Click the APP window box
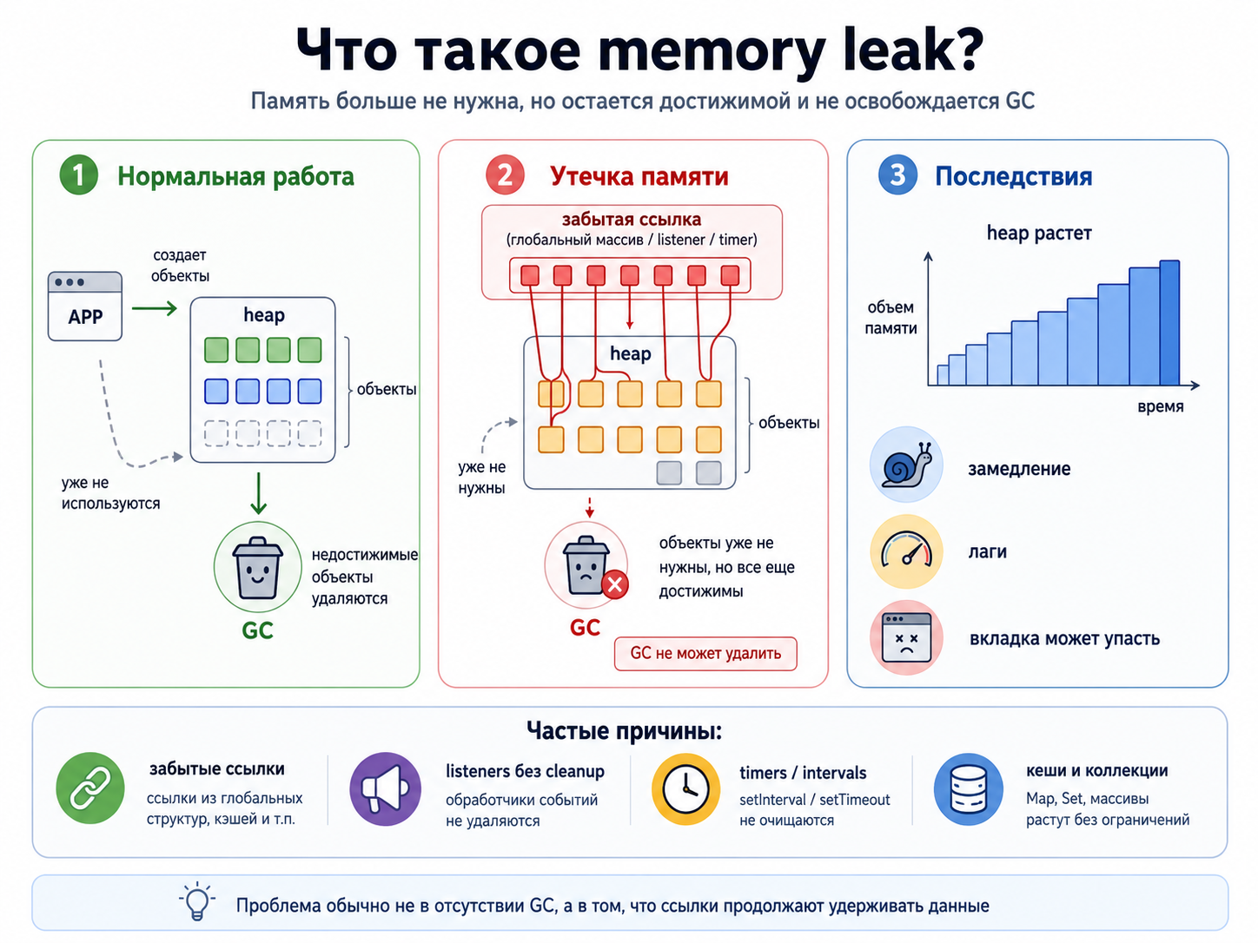[85, 307]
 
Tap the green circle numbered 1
[78, 175]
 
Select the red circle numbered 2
[505, 175]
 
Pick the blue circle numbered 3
[897, 175]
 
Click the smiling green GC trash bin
[257, 567]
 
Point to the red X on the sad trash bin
[615, 584]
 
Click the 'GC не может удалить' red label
[705, 653]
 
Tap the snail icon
[906, 465]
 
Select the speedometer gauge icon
[906, 551]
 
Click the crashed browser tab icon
[906, 637]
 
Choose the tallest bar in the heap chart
[1169, 323]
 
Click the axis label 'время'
[1160, 406]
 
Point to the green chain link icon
[90, 788]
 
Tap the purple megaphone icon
[385, 789]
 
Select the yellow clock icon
[685, 789]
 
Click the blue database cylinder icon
[969, 789]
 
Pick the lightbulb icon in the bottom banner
[197, 900]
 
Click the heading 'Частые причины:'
[624, 730]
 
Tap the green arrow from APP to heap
[154, 308]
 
